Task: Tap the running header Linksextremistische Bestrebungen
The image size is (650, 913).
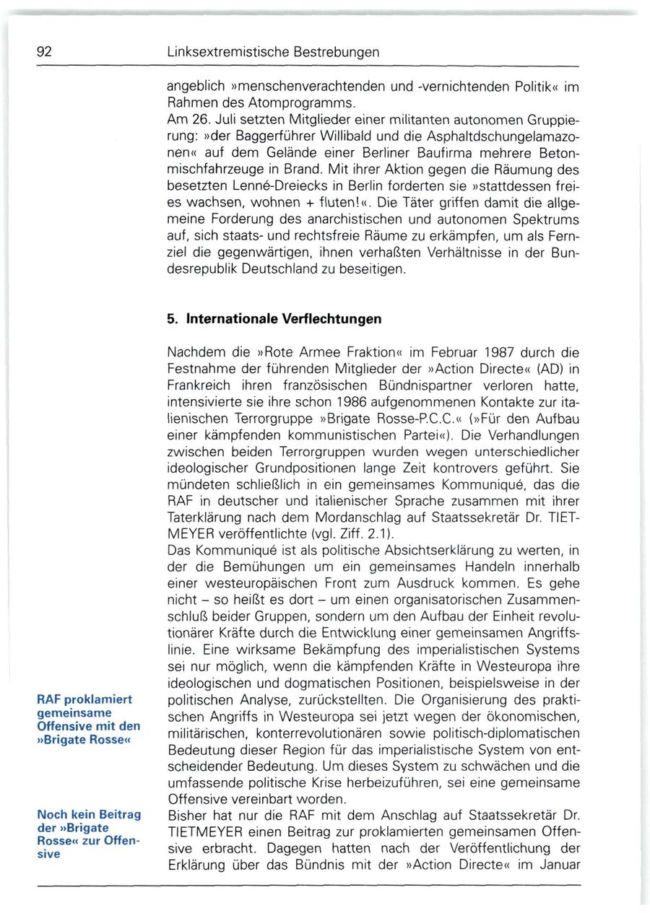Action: (273, 53)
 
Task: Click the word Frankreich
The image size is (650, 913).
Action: (199, 385)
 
